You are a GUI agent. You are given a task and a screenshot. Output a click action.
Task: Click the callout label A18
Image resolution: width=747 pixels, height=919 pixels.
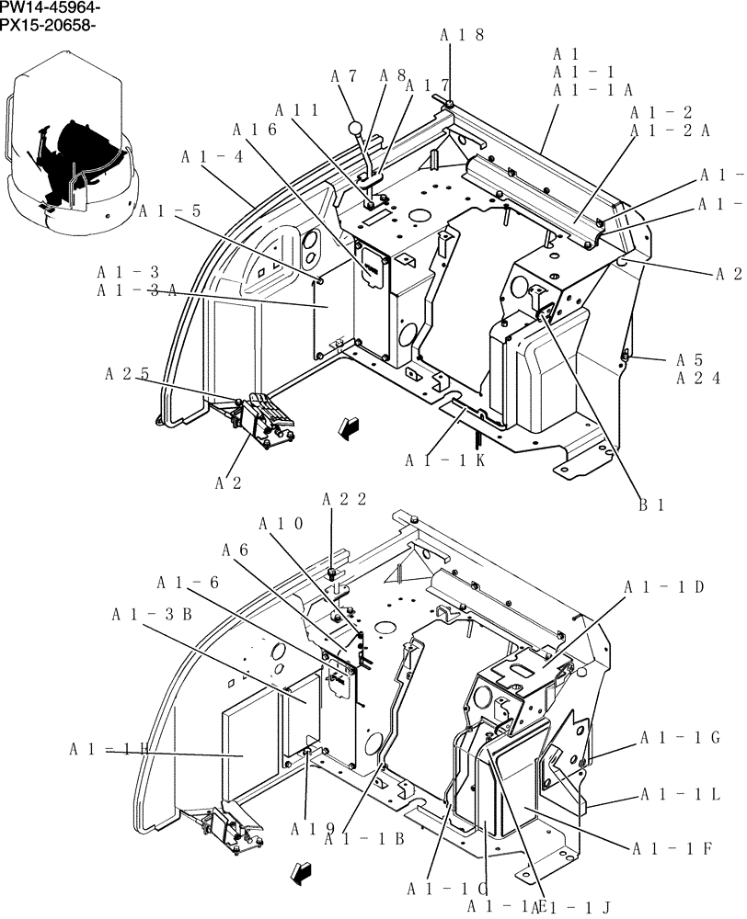461,36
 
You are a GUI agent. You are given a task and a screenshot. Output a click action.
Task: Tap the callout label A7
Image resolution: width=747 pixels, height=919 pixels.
346,76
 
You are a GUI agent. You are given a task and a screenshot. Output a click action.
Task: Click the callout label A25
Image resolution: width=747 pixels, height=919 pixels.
127,374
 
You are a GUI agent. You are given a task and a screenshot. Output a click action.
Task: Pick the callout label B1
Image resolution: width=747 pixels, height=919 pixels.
652,504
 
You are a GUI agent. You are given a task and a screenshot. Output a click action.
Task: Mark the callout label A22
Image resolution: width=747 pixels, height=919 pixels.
344,499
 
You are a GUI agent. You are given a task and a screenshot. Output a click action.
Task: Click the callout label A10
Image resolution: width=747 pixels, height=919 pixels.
281,525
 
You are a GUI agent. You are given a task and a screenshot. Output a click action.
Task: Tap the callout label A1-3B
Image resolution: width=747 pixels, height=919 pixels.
151,614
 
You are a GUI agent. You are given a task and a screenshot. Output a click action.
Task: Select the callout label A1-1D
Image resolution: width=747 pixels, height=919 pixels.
663,587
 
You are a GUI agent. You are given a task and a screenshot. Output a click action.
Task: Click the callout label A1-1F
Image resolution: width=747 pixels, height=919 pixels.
672,848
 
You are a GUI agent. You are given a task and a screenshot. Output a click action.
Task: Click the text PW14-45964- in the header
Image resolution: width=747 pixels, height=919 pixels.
51,7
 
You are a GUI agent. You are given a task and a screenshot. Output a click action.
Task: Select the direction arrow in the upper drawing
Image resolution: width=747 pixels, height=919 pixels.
348,425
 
